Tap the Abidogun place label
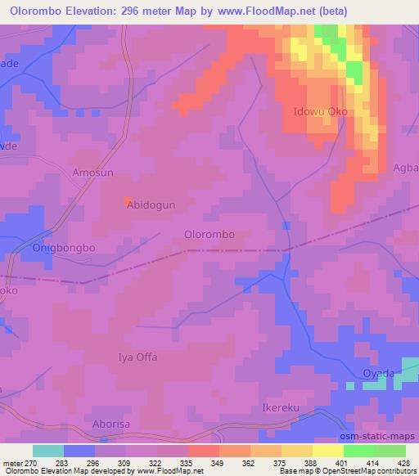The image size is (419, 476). tap(151, 206)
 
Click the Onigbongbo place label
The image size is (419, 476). tap(63, 247)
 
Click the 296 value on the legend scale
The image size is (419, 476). tap(96, 461)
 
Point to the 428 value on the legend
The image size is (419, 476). tap(405, 461)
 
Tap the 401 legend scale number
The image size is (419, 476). tap(343, 461)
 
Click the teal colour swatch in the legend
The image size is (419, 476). tap(48, 450)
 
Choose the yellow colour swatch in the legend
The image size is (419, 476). tap(327, 450)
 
